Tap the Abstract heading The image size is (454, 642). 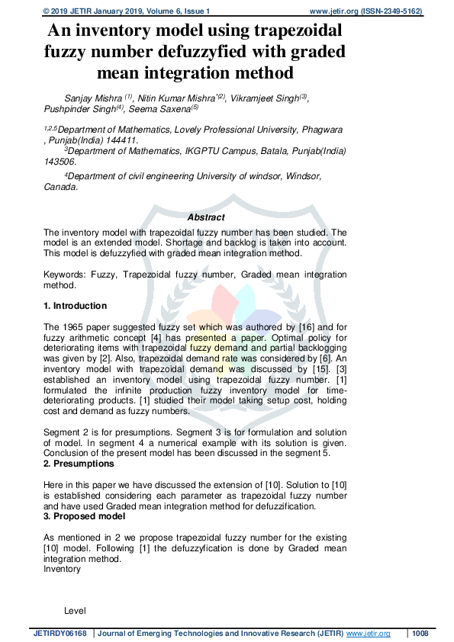(x=206, y=217)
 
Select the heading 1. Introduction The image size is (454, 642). (x=76, y=306)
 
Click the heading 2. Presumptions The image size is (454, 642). (x=79, y=464)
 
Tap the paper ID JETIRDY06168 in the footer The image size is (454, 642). (x=60, y=634)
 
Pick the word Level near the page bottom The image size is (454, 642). (x=75, y=611)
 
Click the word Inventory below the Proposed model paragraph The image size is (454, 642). (x=62, y=569)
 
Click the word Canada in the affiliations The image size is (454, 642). (x=60, y=187)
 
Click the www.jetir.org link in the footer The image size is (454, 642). (x=369, y=634)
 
